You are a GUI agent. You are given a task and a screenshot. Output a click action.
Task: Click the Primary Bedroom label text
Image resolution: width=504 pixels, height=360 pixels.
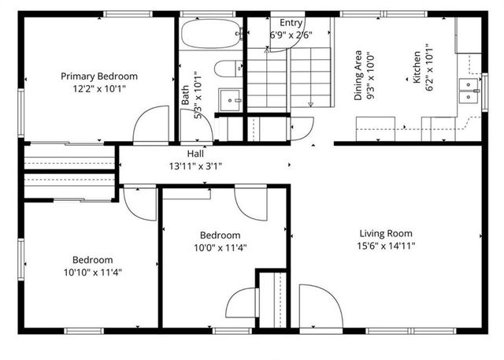[x=99, y=76]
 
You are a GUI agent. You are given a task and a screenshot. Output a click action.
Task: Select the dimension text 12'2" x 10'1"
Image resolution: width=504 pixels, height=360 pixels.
[x=99, y=89]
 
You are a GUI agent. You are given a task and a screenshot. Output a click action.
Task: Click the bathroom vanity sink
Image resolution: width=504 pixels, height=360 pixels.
[x=229, y=101]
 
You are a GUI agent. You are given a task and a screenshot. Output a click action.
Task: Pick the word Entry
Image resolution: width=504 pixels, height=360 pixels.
[x=291, y=24]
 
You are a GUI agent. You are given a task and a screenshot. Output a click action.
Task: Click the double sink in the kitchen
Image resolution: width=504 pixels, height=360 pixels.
[x=469, y=89]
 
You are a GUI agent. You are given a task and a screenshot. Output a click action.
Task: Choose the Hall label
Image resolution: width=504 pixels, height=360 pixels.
[x=195, y=154]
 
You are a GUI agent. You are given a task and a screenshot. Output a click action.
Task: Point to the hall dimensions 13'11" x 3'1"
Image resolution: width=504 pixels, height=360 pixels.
[x=195, y=166]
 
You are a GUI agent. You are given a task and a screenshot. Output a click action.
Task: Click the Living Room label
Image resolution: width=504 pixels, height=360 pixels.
[x=386, y=233]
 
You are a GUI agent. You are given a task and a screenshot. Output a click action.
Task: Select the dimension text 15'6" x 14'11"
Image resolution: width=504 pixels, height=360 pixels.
[x=386, y=246]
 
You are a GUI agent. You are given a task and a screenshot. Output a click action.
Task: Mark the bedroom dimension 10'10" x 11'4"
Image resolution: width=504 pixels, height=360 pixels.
[x=93, y=273]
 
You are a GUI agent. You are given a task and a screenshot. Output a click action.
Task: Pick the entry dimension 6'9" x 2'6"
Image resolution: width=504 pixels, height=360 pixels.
[x=292, y=35]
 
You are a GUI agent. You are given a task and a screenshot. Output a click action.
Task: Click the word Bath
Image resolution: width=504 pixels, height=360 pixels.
[x=186, y=96]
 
